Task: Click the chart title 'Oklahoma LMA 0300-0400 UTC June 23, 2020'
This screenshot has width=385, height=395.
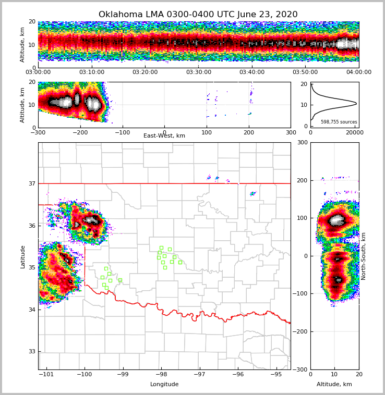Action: (198, 15)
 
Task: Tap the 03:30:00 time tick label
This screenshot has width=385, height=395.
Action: (198, 72)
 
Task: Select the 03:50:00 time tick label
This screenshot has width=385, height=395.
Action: (305, 72)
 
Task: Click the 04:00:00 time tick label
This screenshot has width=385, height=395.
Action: (358, 72)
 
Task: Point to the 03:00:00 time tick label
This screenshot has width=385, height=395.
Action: (38, 72)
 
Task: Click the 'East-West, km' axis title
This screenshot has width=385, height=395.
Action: (164, 136)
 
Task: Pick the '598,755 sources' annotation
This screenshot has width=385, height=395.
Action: (339, 122)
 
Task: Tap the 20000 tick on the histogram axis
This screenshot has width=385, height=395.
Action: (354, 132)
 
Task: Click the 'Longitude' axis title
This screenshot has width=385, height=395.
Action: (164, 385)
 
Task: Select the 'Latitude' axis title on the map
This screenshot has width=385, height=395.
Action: (22, 256)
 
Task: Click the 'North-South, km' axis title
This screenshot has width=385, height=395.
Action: (364, 256)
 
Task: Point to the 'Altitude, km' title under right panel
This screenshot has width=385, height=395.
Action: (334, 385)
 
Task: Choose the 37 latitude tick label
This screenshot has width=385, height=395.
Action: (31, 183)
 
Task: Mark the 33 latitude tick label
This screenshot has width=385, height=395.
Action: (31, 352)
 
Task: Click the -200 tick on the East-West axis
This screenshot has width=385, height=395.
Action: (80, 132)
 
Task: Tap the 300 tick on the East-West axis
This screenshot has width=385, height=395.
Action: (291, 132)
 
